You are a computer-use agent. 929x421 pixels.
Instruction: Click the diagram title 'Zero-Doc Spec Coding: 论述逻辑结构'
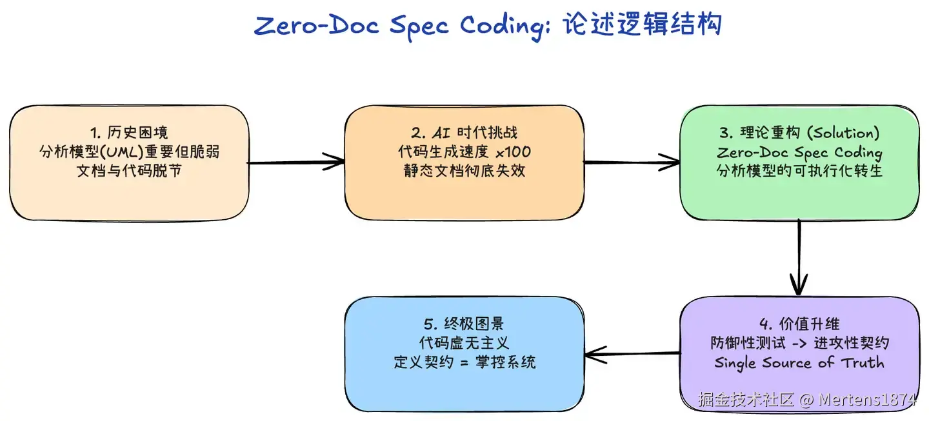coord(487,26)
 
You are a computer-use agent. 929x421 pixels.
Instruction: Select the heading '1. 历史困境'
coord(129,133)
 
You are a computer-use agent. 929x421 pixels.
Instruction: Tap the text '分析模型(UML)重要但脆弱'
coord(129,153)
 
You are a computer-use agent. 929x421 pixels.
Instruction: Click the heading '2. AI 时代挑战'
coord(464,133)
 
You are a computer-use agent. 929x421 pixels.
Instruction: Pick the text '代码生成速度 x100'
coord(464,153)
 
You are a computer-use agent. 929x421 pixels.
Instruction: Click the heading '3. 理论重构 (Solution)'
coord(799,133)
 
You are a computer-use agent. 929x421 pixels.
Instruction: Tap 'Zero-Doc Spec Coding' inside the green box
coord(799,153)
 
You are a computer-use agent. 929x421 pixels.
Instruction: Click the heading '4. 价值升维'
coord(799,324)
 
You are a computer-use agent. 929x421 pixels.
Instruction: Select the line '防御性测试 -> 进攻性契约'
coord(799,343)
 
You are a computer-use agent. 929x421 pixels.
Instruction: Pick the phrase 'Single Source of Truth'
coord(799,362)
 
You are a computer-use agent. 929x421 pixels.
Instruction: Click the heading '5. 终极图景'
coord(464,324)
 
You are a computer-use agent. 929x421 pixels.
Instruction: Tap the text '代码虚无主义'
coord(464,343)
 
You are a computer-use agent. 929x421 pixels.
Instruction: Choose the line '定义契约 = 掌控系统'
coord(464,362)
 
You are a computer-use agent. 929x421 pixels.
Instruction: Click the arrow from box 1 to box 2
coord(296,162)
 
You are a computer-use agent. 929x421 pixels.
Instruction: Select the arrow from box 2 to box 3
coord(632,162)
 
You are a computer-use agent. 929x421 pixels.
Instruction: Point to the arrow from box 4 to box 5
coord(632,353)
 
